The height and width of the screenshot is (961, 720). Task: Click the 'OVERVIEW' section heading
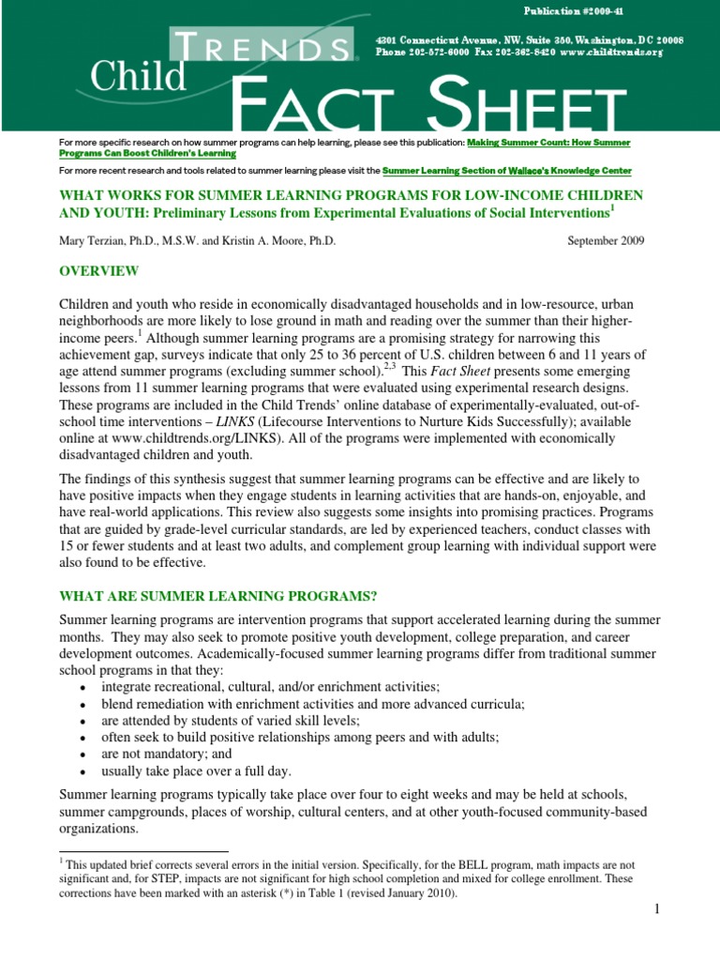(99, 271)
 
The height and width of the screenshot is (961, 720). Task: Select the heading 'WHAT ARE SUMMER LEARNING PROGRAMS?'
(217, 596)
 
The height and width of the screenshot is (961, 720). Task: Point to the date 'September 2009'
(606, 240)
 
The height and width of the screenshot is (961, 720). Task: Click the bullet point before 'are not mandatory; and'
(83, 755)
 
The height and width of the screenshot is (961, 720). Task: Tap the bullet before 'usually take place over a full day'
(83, 771)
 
